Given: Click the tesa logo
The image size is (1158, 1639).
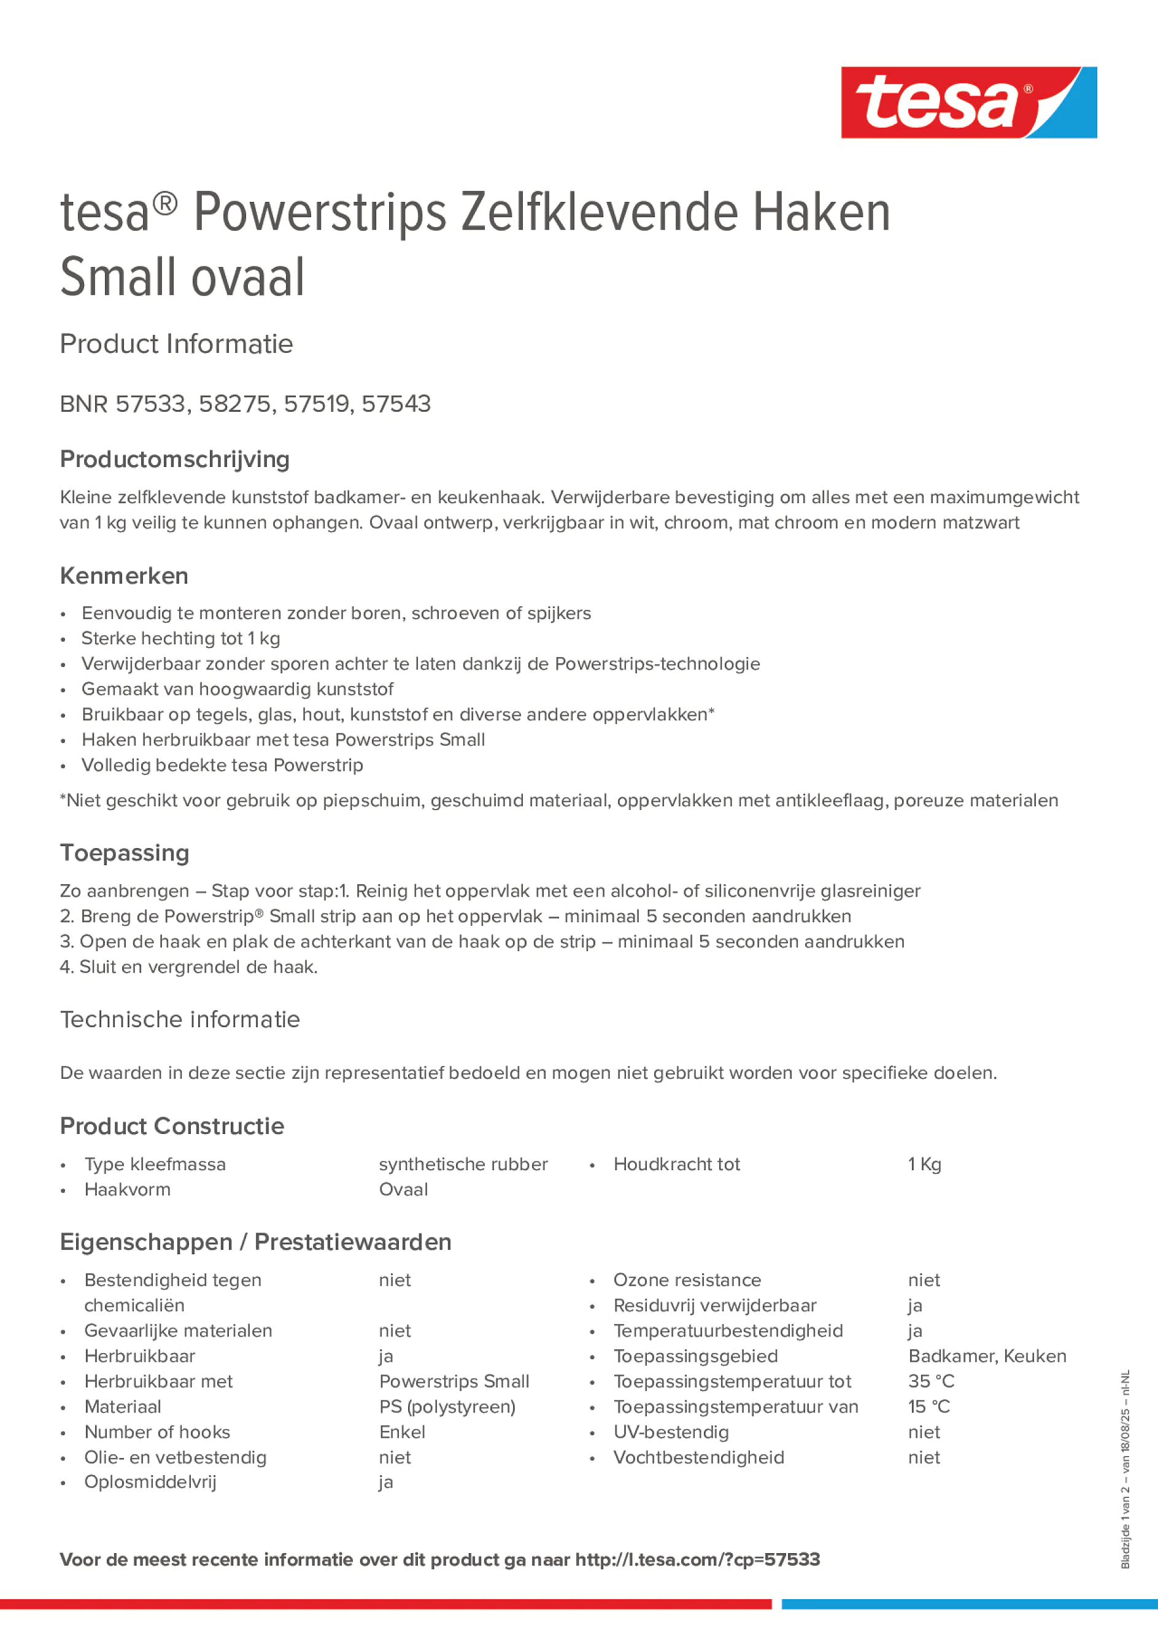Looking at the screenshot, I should (x=968, y=102).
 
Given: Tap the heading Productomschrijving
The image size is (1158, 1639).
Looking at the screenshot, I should (x=174, y=459).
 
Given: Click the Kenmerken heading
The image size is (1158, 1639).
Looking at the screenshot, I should (x=124, y=576).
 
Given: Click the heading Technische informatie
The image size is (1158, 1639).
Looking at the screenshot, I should (x=180, y=1019).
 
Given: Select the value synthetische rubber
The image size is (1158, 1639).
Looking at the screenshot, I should (x=463, y=1164).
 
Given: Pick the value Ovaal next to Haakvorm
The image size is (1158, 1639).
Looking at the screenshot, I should (x=403, y=1189).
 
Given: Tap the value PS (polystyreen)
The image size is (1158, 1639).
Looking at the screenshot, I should (x=447, y=1406).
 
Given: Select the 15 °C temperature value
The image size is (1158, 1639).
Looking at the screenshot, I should (x=929, y=1406).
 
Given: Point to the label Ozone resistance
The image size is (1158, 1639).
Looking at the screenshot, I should (x=687, y=1280).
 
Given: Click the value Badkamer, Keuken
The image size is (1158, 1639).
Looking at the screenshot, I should (x=987, y=1356).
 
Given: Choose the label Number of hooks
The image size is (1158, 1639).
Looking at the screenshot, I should (x=157, y=1432).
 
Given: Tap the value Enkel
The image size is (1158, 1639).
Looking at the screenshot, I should (x=402, y=1432).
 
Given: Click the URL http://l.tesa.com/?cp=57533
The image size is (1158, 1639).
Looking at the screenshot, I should (x=698, y=1560).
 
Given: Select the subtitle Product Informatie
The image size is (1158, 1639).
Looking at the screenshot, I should (x=176, y=344).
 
